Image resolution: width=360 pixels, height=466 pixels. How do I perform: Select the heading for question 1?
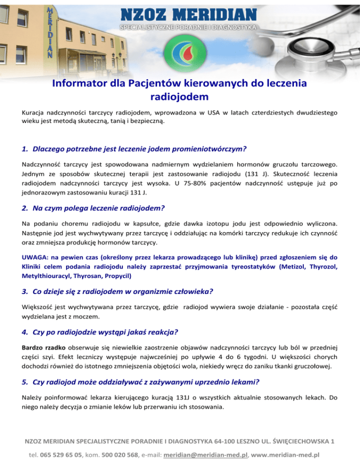coord(134,149)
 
